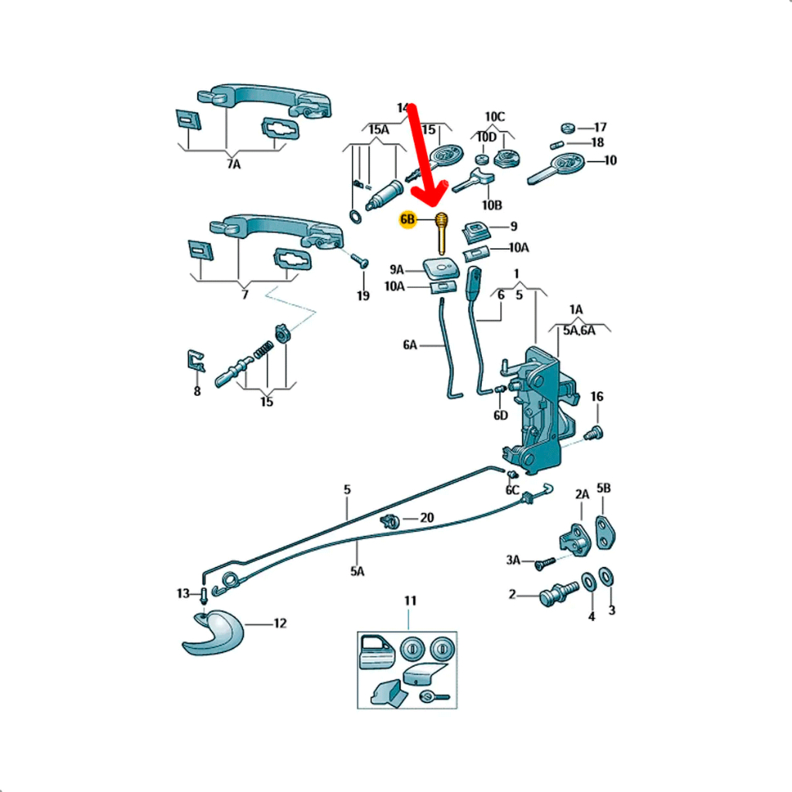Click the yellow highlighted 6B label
[408, 220]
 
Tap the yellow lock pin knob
[442, 233]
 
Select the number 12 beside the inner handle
[280, 623]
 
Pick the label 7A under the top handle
[234, 164]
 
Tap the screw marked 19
[360, 261]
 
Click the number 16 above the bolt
[597, 397]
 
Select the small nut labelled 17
[568, 128]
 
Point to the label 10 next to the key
[610, 161]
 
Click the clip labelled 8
[196, 360]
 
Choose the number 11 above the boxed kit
[410, 600]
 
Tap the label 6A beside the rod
[410, 345]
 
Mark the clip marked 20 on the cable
[390, 521]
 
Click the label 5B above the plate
[603, 488]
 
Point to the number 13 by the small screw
[183, 593]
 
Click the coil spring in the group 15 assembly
[263, 350]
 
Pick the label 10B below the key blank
[492, 205]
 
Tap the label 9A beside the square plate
[397, 270]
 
